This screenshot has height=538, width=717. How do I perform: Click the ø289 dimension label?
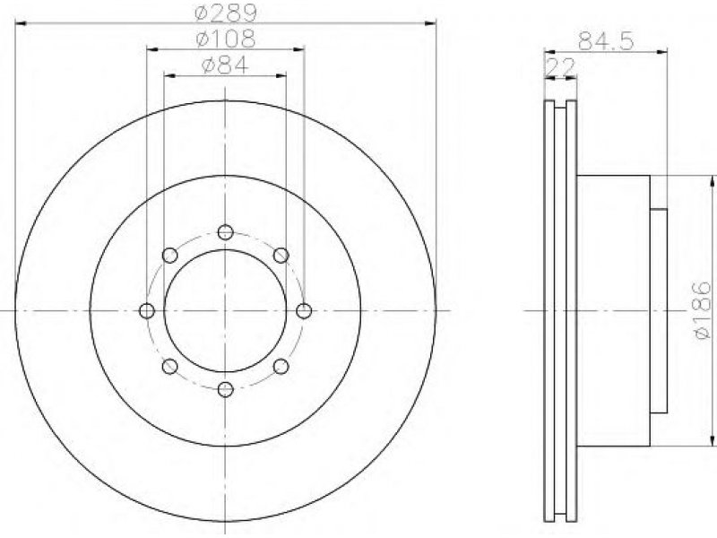226,12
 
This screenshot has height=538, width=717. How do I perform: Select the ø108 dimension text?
226,39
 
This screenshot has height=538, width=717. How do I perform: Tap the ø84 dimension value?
225,65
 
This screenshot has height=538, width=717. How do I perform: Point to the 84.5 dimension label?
606,41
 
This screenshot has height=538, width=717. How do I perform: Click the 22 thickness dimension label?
560,68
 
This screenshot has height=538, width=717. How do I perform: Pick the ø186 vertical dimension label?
703,310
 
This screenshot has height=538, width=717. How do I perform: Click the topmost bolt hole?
226,232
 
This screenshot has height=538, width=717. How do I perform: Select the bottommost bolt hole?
226,390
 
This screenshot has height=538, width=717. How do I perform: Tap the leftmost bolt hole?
147,311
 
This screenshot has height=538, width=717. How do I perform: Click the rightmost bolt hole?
304,311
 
